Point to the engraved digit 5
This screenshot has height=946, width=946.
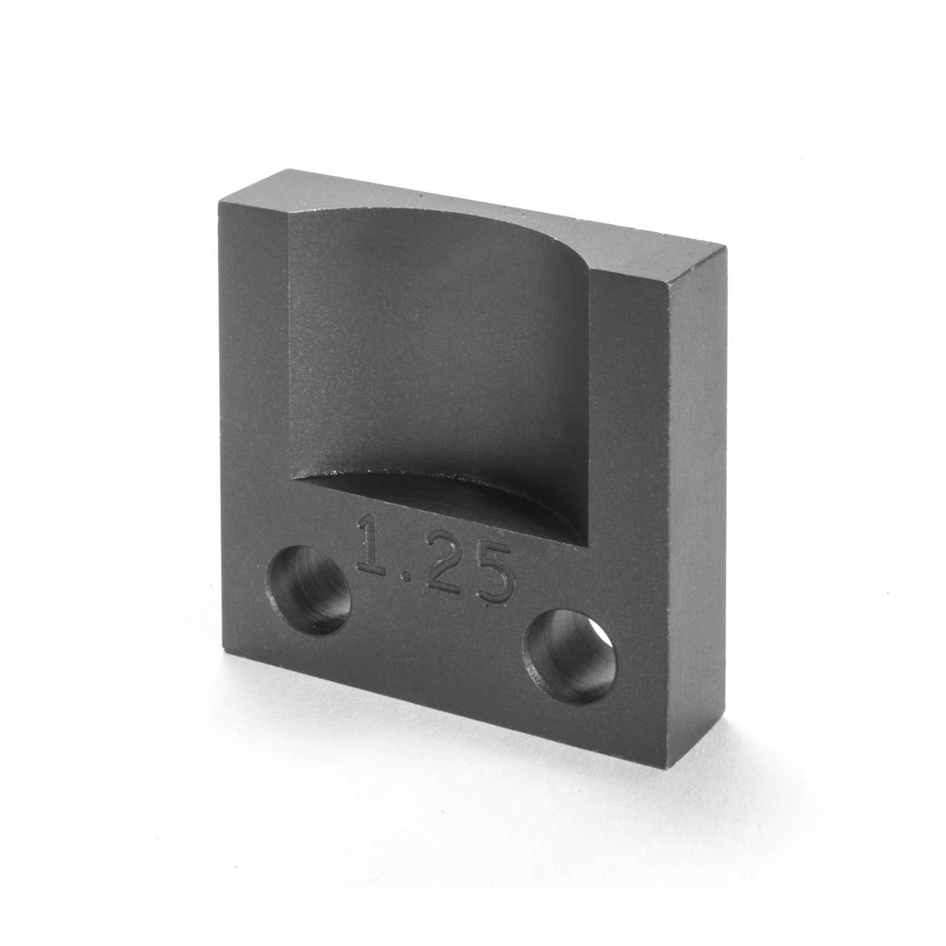[490, 576]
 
